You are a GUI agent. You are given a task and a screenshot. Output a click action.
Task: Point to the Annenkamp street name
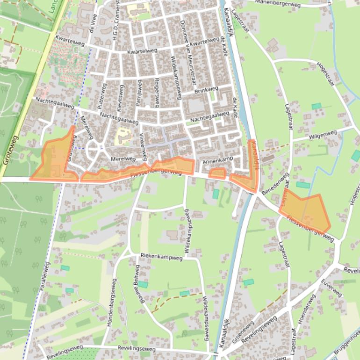pyautogui.click(x=217, y=160)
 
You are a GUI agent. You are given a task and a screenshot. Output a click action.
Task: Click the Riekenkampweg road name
pyautogui.click(x=161, y=257)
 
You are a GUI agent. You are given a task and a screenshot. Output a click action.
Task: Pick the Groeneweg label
pyautogui.click(x=243, y=331)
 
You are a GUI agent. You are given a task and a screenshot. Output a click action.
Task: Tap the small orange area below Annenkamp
pyautogui.click(x=217, y=173)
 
